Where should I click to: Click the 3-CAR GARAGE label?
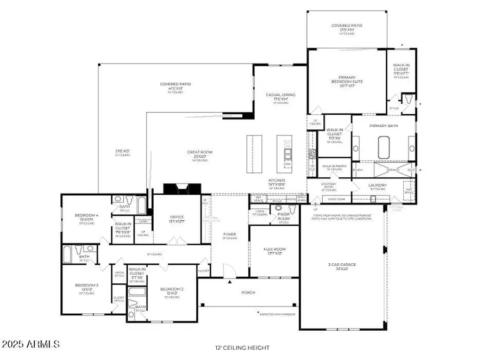click(342, 265)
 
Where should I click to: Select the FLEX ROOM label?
click(274, 250)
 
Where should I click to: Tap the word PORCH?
click(248, 292)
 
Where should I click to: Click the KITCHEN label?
click(277, 181)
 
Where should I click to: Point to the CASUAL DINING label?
click(280, 95)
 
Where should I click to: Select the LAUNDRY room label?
click(377, 185)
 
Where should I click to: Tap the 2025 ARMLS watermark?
click(31, 344)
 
